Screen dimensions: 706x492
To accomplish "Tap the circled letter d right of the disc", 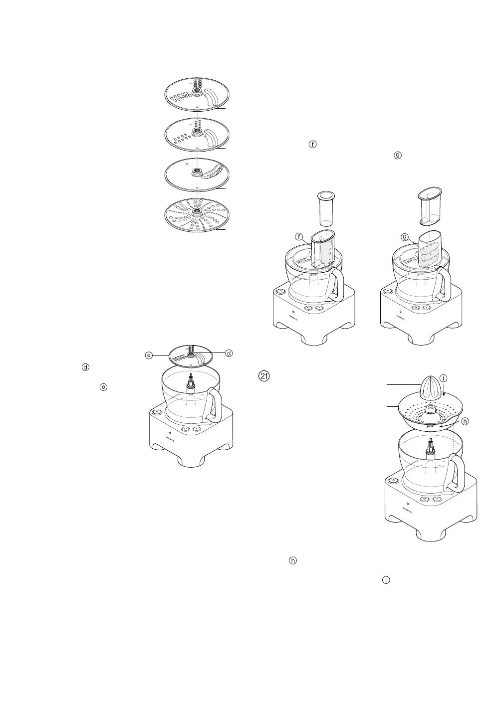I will click(229, 353).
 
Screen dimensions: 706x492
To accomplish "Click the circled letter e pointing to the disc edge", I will click(148, 355).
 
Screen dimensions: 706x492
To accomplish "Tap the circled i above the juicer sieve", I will click(444, 379).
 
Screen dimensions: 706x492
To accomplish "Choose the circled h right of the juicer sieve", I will click(465, 421).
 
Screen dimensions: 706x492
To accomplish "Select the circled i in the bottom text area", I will click(386, 580).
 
